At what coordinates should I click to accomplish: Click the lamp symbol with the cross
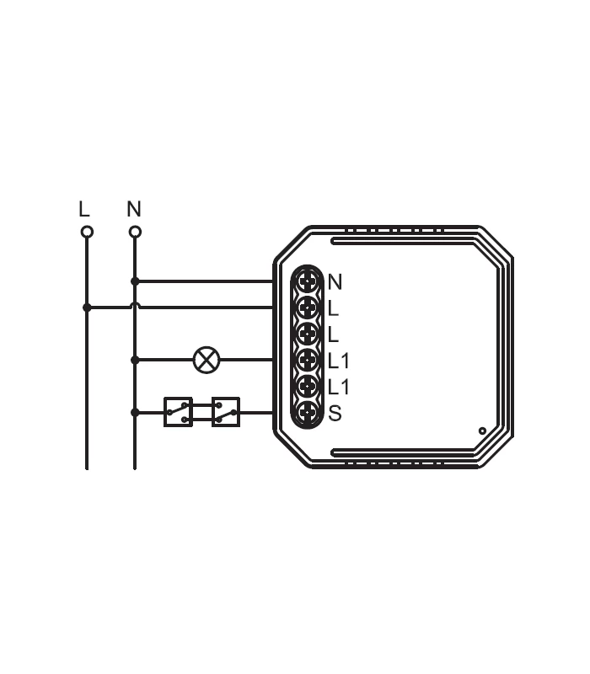[206, 360]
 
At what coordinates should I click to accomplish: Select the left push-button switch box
[178, 412]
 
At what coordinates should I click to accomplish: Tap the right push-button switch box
[226, 412]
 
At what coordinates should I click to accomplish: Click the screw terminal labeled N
[308, 280]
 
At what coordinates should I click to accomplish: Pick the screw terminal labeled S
[308, 413]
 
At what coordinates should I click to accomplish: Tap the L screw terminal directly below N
[308, 307]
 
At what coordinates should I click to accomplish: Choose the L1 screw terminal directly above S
[308, 387]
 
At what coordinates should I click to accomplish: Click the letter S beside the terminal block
[335, 414]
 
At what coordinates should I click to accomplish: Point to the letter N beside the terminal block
[335, 281]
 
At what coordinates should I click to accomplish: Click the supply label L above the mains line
[83, 209]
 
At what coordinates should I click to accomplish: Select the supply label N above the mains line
[134, 209]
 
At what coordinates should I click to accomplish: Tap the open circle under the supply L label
[87, 232]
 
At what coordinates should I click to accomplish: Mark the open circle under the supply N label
[135, 232]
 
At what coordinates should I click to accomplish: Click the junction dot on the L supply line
[87, 308]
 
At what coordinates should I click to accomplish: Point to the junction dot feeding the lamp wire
[135, 360]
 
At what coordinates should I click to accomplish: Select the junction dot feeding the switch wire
[135, 412]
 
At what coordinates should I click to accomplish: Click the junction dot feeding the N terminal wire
[135, 281]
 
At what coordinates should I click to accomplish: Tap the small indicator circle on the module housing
[482, 431]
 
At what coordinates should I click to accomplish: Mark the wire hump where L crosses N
[135, 306]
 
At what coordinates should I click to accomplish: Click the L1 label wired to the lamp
[338, 361]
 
